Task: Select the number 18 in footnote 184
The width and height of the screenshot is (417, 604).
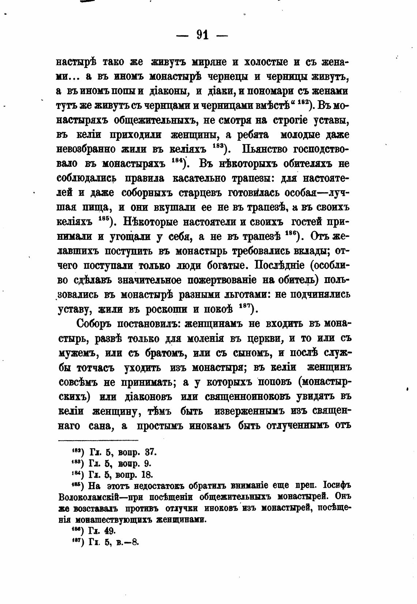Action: [147, 475]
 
